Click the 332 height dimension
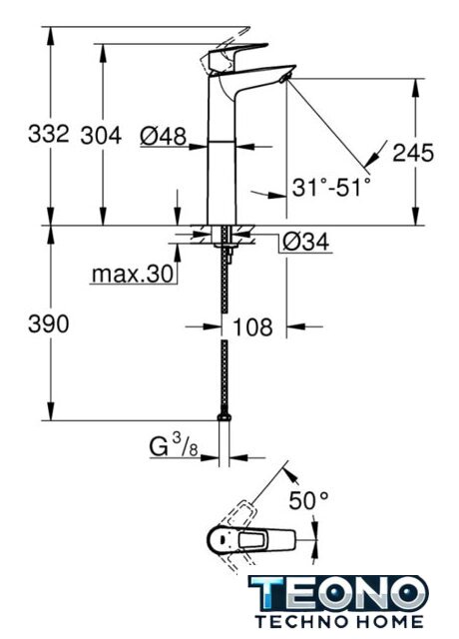coord(49,134)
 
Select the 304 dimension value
coord(101,136)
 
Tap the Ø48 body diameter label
coord(163,136)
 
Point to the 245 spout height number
coord(413,153)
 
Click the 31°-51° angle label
coord(331,188)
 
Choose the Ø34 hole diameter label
coord(306,242)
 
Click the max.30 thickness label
coord(133,275)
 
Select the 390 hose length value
coord(49,324)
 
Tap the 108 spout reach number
coord(252,326)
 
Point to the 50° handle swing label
coord(308,500)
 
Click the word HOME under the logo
coord(387,621)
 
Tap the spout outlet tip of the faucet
coord(285,77)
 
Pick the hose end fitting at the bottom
coord(224,416)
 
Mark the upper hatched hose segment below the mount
coord(225,281)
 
